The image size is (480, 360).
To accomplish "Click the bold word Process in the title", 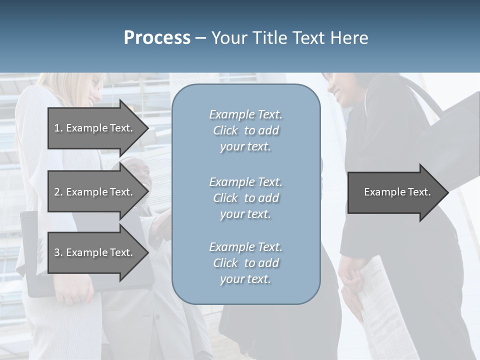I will coord(157,38).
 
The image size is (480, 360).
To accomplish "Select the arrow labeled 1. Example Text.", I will coord(93,128).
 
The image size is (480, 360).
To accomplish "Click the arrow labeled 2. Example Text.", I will coord(93,192).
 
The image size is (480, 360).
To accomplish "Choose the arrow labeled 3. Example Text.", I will coord(93,252).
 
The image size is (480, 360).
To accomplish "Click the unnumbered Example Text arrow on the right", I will coord(397,192).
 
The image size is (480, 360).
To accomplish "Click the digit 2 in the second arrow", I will coord(57,192).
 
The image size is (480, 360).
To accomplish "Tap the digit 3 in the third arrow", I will coord(57,252).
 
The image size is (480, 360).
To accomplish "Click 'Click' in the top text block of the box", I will coord(225,130).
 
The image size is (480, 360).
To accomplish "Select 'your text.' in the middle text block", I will coord(245,214).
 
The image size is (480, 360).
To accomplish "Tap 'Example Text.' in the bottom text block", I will coord(245,247).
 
